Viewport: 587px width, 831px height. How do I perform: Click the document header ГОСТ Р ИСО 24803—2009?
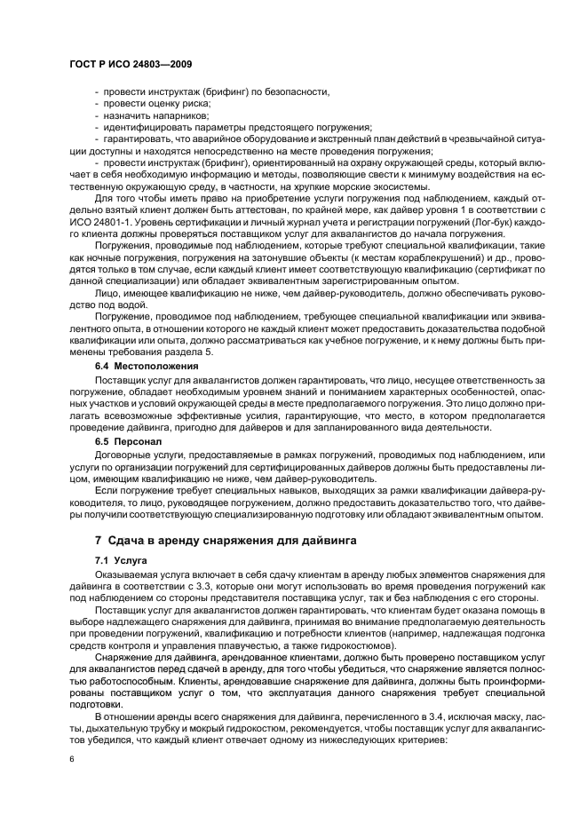coord(131,65)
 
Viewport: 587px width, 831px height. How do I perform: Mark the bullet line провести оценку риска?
coord(151,104)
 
